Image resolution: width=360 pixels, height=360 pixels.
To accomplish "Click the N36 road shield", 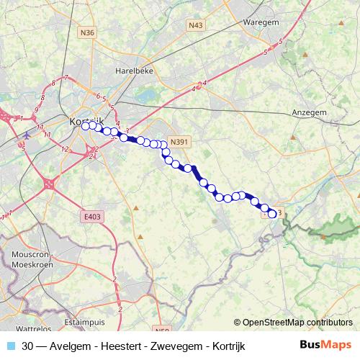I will point(87,32).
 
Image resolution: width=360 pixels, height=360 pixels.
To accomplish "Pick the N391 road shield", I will point(179,142).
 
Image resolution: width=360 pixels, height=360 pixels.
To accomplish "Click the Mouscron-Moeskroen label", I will point(31,261).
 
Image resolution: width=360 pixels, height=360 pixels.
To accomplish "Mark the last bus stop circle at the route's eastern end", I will point(272,213).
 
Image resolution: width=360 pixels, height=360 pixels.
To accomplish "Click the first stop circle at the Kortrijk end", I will point(85,125).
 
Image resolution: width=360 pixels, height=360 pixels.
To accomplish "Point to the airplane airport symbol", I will point(27,135).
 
